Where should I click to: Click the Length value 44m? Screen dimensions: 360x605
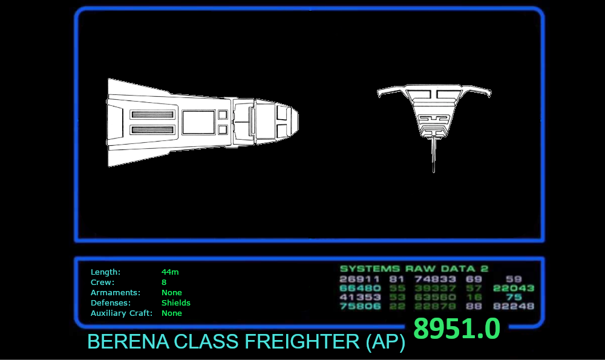[x=170, y=272]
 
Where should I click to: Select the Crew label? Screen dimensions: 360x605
[x=102, y=282]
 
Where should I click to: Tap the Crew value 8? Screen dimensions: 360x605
[x=164, y=282]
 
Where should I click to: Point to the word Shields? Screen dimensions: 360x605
[x=175, y=303]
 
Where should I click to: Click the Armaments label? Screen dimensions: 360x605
[x=115, y=292]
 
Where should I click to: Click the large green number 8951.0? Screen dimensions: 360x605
[x=457, y=329]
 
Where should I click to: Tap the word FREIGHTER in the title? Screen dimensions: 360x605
[x=301, y=342]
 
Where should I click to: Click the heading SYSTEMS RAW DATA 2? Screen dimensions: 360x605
[x=414, y=269]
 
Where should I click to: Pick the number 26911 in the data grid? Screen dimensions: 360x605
[x=359, y=279]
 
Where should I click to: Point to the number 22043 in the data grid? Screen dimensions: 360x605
[x=514, y=288]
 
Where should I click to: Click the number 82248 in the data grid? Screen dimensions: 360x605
[x=514, y=306]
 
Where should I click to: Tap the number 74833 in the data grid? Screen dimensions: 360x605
[x=435, y=279]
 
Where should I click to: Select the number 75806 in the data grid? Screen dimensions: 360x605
[x=360, y=306]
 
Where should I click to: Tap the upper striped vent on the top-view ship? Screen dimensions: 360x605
[x=153, y=114]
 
